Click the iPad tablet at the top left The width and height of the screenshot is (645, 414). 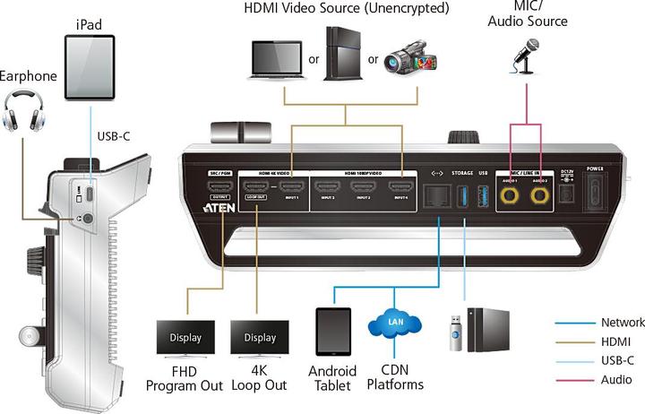coord(90,67)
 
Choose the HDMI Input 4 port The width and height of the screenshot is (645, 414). coord(400,189)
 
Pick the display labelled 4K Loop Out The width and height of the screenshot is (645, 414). coord(259,338)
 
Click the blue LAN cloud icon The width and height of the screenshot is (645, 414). coord(394,323)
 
